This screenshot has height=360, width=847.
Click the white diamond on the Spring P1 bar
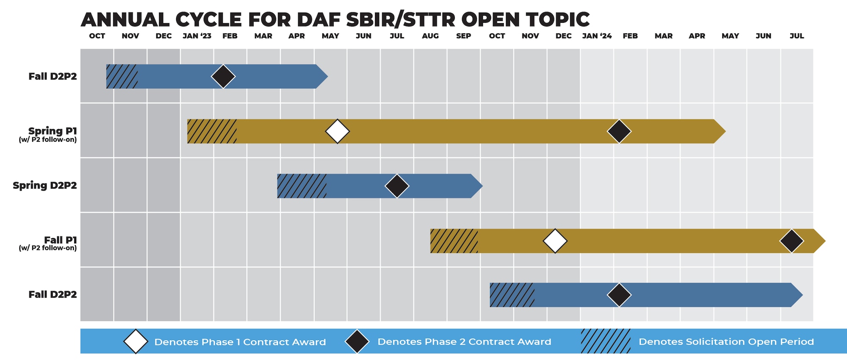(x=338, y=131)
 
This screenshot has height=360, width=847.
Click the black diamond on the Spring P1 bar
(x=619, y=131)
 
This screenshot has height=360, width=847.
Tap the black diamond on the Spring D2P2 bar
(x=397, y=186)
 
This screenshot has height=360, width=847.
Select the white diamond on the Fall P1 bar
(x=555, y=241)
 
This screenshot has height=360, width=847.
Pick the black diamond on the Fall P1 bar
(x=792, y=241)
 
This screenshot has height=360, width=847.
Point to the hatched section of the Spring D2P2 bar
(x=302, y=186)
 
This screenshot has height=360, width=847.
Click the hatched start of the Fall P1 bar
(x=454, y=241)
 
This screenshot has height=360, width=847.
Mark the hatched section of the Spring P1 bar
(x=212, y=131)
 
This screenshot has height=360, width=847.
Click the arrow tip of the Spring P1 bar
(x=726, y=131)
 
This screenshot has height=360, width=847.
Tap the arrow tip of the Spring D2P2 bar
(x=483, y=186)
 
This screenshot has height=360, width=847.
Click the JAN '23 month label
(x=197, y=36)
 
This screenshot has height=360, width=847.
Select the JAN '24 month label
(x=597, y=36)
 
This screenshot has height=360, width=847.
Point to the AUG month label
(x=430, y=36)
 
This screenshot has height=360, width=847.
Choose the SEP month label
(x=464, y=36)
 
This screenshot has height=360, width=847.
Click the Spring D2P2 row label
(x=45, y=186)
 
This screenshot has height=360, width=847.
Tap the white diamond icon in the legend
(x=136, y=341)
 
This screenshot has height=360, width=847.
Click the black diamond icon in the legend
(x=357, y=341)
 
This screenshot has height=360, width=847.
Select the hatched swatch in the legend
(x=606, y=341)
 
